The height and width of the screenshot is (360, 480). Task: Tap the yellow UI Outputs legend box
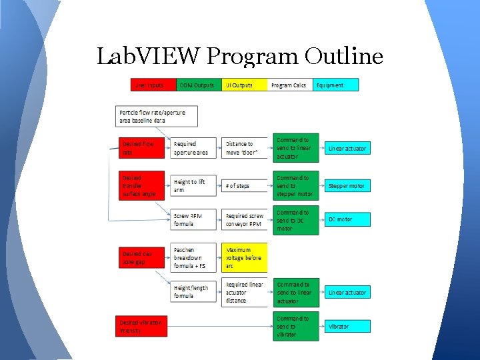245,85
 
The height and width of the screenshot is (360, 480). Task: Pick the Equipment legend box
336,85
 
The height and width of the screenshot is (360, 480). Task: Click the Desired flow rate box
141,148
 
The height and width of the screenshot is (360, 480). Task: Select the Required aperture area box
194,148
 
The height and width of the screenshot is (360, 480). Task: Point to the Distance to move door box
244,148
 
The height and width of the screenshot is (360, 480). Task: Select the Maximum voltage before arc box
244,257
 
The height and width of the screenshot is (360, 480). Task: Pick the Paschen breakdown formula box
194,257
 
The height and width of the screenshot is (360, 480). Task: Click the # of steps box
244,186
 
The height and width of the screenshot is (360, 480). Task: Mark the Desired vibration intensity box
141,326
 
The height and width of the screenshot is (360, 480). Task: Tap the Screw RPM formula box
194,220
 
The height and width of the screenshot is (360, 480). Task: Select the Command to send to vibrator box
296,327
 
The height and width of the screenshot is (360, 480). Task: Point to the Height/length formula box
194,292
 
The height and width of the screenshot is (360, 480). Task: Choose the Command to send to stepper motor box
296,186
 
